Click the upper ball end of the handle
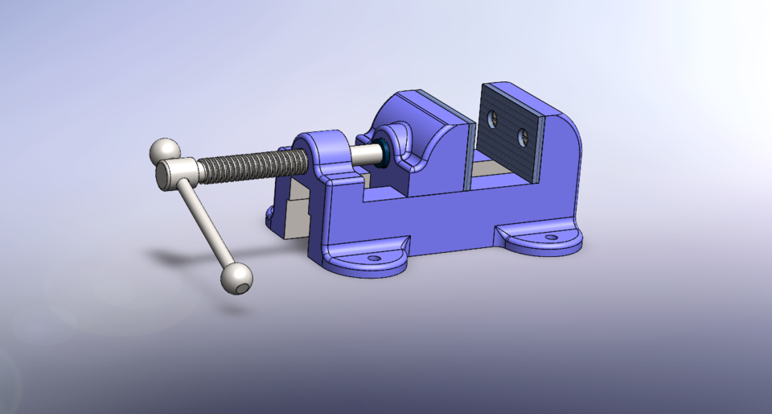165,151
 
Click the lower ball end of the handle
236,278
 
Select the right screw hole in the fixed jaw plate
524,135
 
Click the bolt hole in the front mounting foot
374,259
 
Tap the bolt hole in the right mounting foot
551,237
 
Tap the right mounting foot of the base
539,239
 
